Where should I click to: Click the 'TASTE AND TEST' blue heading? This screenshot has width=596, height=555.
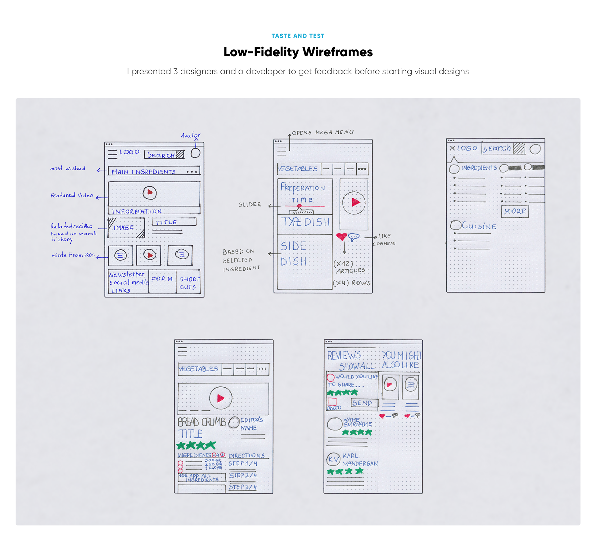pos(298,36)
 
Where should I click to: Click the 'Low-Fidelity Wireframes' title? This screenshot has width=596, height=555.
pos(298,52)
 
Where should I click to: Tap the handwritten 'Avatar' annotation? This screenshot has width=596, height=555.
pos(191,135)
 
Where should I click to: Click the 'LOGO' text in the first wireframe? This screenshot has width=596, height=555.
pos(129,152)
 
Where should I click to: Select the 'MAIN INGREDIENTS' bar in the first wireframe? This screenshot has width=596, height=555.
pos(154,171)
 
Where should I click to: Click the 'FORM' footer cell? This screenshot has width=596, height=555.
pos(162,279)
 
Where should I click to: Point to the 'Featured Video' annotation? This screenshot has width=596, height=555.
pos(72,195)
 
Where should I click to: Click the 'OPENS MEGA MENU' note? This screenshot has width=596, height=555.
pos(323,132)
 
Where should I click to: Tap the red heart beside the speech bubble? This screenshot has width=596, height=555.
pos(341,237)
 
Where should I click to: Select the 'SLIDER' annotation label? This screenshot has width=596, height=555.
pos(250,205)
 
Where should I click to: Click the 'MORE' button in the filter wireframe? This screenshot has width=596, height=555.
pos(515,212)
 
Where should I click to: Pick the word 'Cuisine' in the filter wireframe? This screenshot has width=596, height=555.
pos(479,226)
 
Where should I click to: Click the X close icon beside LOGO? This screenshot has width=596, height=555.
pos(452,148)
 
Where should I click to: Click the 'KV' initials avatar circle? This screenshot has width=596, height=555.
pos(333,460)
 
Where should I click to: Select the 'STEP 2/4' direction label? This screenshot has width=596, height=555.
pos(243,475)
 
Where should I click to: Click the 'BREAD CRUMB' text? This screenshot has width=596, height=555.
pos(202,422)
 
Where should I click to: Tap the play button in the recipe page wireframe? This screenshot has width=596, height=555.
pos(221,398)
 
